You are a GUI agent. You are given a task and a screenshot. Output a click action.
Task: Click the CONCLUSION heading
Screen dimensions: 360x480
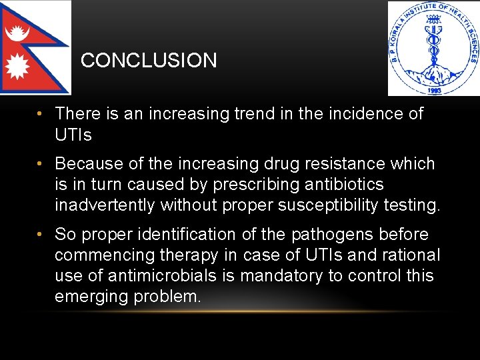(149, 61)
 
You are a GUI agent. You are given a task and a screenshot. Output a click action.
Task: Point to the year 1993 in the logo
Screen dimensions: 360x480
(433, 88)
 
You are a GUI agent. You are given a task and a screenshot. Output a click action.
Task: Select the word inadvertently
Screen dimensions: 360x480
(105, 205)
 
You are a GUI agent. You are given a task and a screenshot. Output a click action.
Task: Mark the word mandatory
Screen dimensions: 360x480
(287, 276)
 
